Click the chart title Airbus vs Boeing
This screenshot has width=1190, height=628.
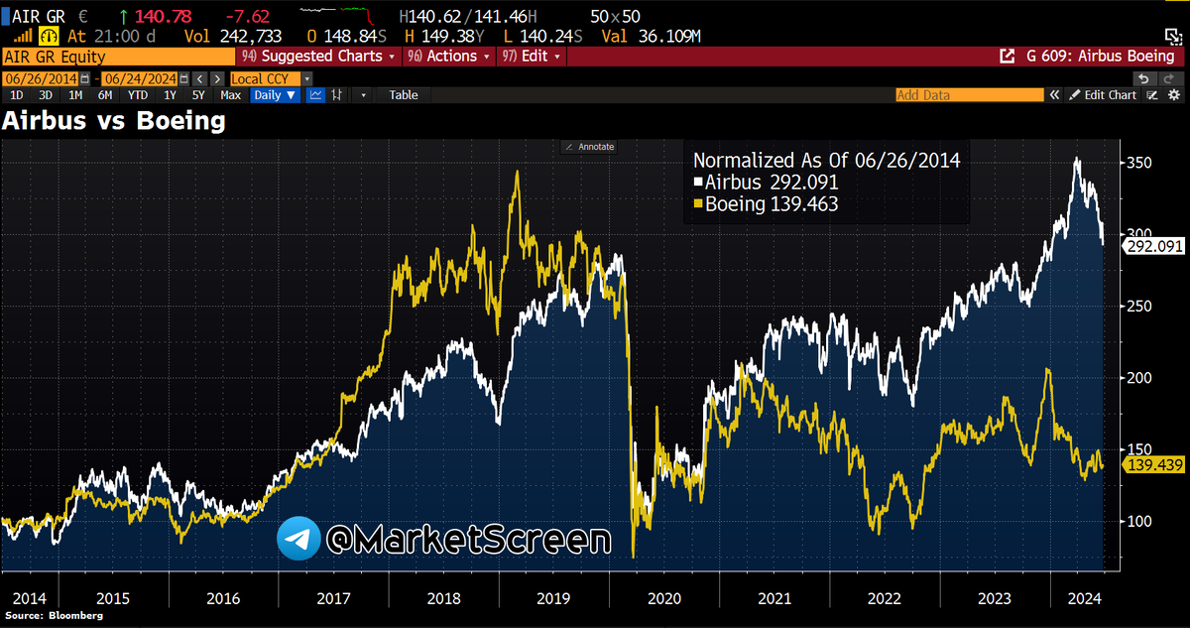114,121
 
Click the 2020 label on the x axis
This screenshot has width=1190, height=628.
663,598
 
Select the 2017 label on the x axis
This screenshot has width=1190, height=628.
333,598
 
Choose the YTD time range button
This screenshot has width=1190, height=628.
138,95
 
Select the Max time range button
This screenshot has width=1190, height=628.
230,95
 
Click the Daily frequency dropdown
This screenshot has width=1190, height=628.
274,95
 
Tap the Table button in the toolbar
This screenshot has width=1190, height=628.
404,95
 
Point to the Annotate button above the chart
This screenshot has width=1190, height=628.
589,147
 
